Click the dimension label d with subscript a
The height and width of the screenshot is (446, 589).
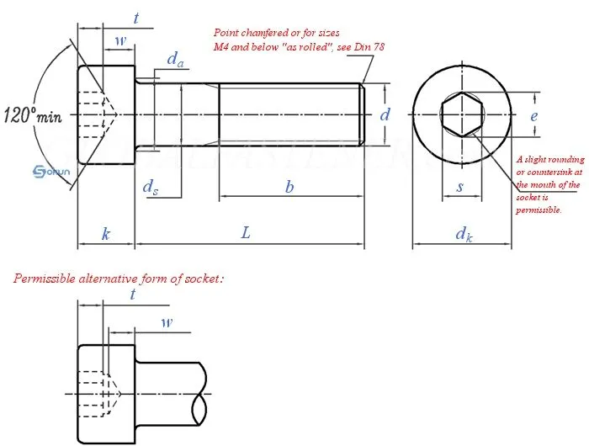tap(176, 60)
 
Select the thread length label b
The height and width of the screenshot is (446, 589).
tap(289, 188)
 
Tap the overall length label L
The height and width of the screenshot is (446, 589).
tap(246, 233)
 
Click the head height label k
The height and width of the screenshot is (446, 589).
tap(106, 234)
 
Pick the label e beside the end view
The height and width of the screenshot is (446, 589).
tap(533, 116)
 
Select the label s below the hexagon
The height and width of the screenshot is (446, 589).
tap(459, 187)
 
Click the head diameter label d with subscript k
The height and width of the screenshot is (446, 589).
tap(464, 234)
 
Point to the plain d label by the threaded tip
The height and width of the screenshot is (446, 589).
tap(385, 114)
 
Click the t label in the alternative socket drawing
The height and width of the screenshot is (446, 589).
tap(132, 294)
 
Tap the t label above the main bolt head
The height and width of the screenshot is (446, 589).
tap(135, 17)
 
